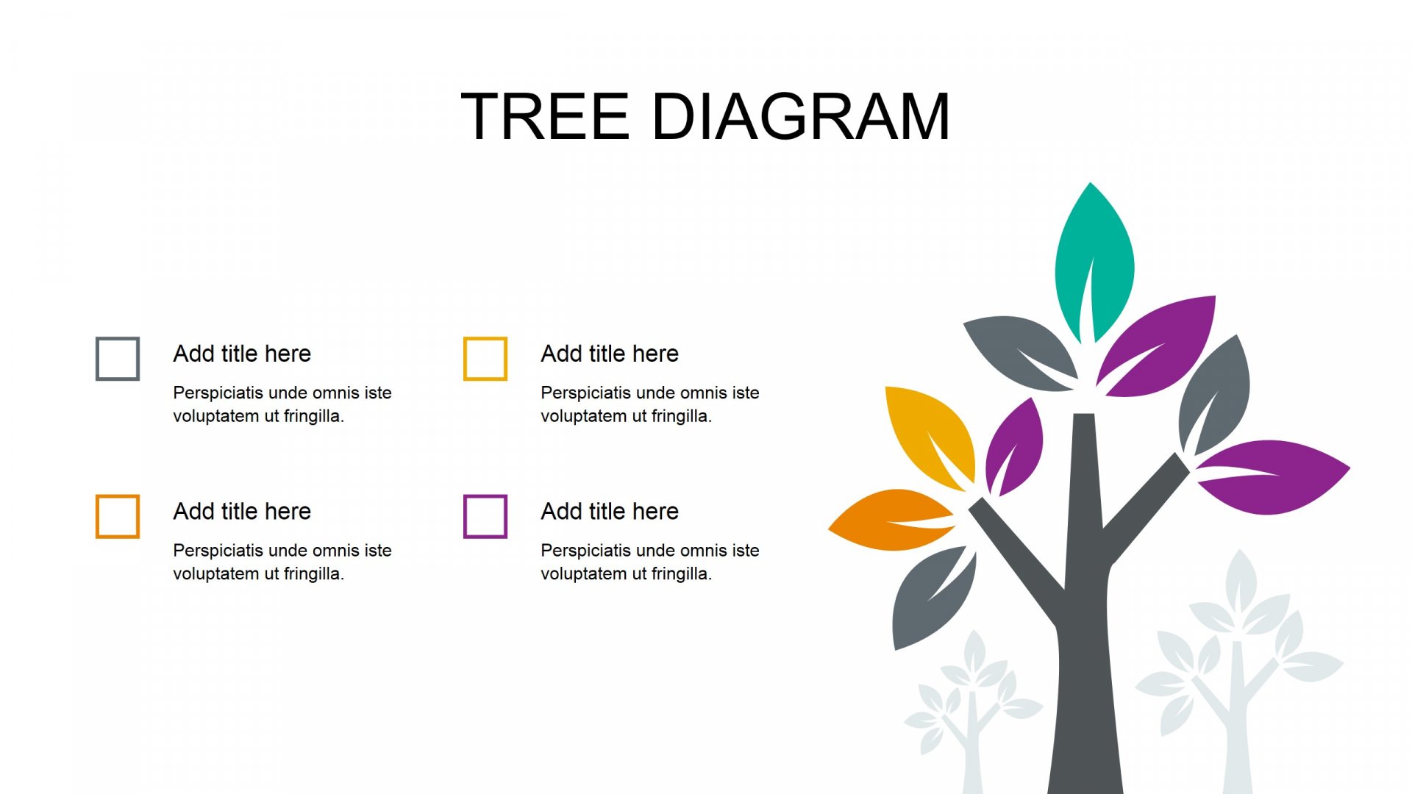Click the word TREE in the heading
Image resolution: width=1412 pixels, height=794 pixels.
click(545, 116)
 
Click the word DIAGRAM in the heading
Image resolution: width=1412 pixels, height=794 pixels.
click(802, 116)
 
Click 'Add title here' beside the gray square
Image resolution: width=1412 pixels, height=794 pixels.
click(242, 354)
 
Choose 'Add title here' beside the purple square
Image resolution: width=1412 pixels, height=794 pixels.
click(610, 511)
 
